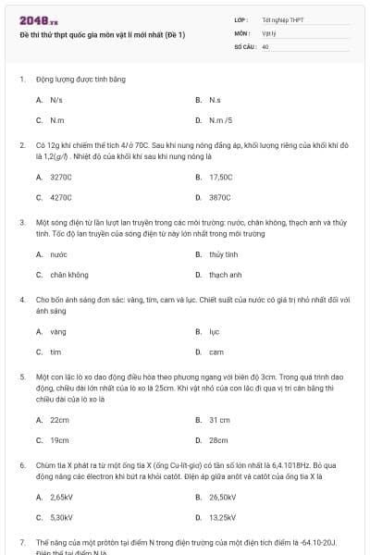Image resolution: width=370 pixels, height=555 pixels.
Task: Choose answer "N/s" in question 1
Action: pyautogui.click(x=56, y=99)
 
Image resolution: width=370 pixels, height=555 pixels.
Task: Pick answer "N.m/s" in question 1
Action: pyautogui.click(x=220, y=119)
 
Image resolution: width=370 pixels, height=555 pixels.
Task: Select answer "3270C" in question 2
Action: pyautogui.click(x=61, y=177)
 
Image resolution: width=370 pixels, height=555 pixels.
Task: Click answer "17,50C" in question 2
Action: pyautogui.click(x=221, y=177)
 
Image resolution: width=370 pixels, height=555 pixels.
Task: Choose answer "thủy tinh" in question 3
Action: pyautogui.click(x=223, y=253)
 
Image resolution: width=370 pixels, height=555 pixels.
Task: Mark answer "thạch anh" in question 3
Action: pyautogui.click(x=225, y=275)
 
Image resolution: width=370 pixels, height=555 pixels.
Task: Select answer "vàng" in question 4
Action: pyautogui.click(x=58, y=331)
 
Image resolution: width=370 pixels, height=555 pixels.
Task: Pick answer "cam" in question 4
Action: pyautogui.click(x=216, y=351)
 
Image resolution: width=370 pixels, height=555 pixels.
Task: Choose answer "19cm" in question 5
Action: pyautogui.click(x=60, y=440)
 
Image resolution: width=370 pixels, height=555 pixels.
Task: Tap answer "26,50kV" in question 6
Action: pyautogui.click(x=223, y=497)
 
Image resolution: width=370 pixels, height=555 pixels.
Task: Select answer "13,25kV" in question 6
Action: pyautogui.click(x=223, y=517)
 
